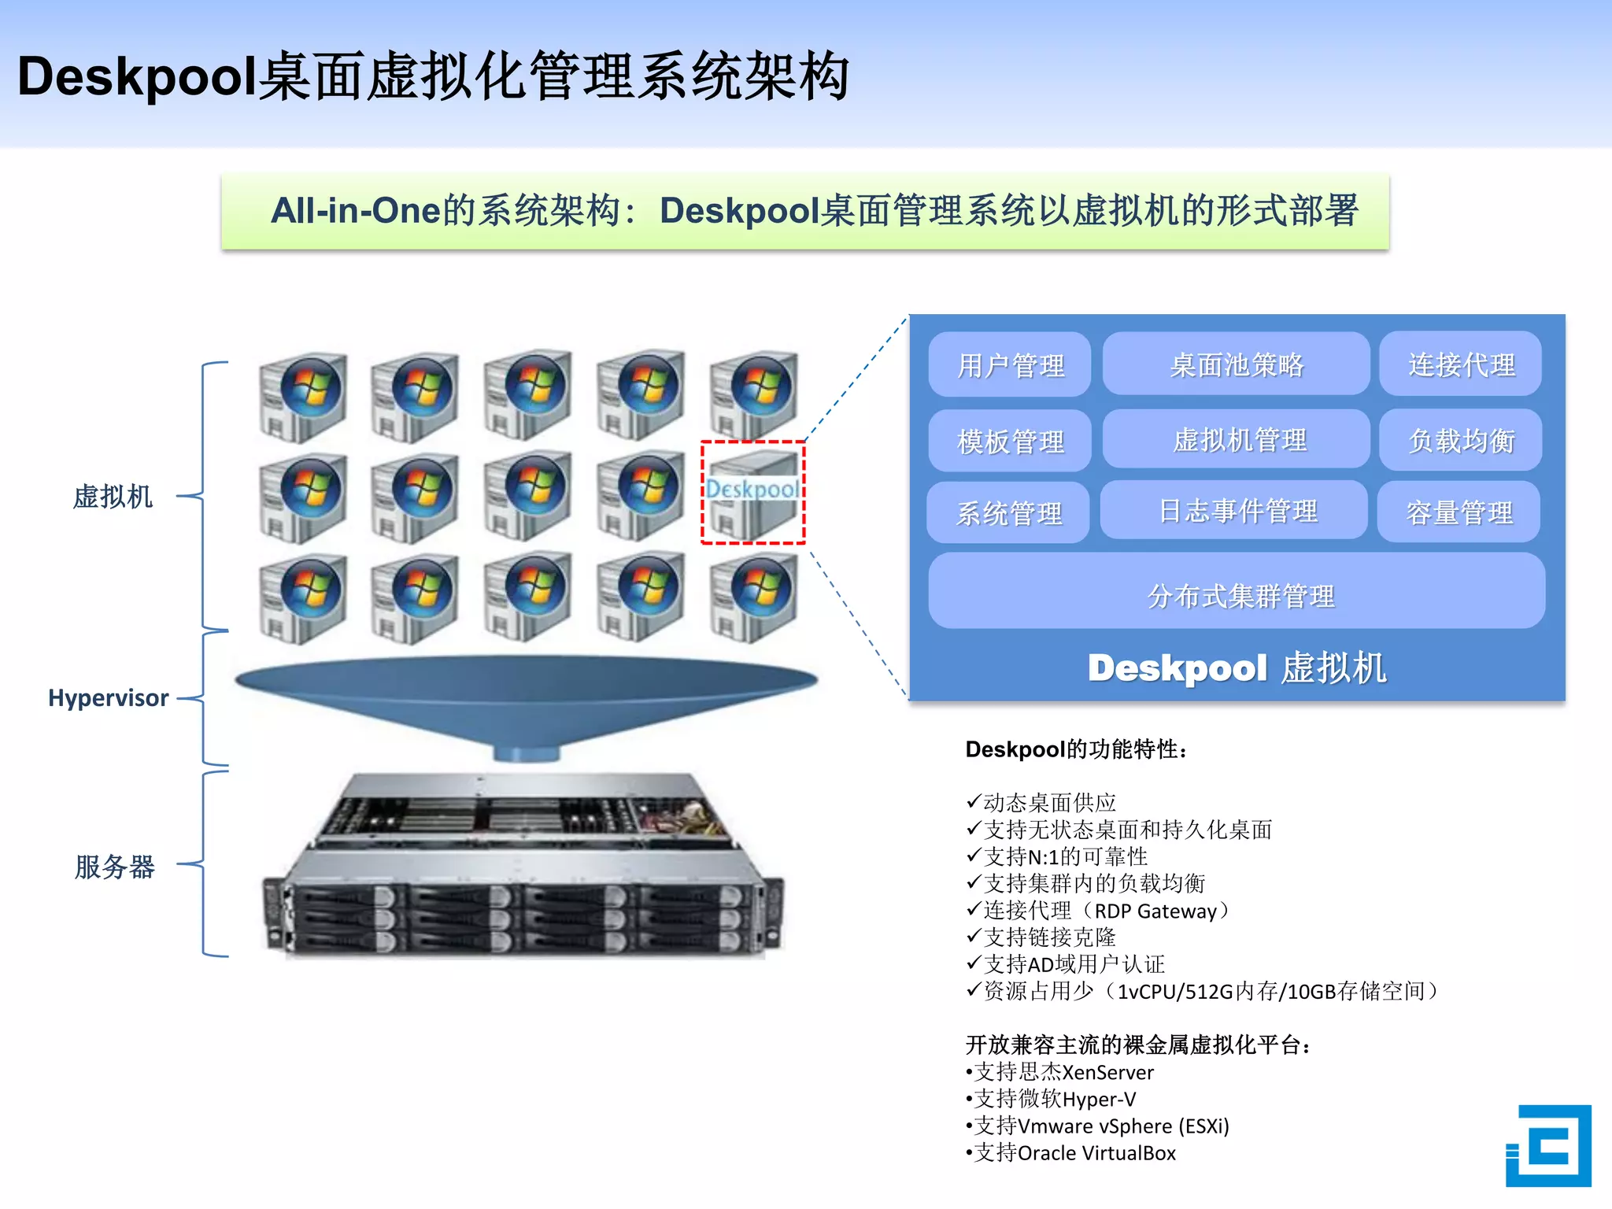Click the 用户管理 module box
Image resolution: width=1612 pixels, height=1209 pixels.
(1010, 364)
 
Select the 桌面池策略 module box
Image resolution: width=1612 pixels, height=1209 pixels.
(1236, 364)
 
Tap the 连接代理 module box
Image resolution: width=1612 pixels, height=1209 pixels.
(1460, 364)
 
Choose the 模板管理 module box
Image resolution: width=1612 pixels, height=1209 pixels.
(1010, 441)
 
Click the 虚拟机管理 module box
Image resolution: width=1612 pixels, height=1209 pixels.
(1237, 439)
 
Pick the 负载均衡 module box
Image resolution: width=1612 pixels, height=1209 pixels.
(1460, 440)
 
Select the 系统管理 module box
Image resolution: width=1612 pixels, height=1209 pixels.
(1008, 512)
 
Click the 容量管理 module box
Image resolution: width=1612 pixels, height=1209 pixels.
(1459, 512)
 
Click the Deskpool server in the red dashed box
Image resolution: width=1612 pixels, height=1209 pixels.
(752, 493)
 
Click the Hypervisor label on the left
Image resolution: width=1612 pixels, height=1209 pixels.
(108, 698)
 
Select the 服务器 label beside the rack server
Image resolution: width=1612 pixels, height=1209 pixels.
(114, 866)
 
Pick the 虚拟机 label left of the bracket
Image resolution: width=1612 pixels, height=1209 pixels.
(113, 497)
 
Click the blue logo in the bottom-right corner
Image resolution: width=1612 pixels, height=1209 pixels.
(1547, 1145)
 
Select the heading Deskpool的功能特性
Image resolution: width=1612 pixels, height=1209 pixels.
(1075, 749)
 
